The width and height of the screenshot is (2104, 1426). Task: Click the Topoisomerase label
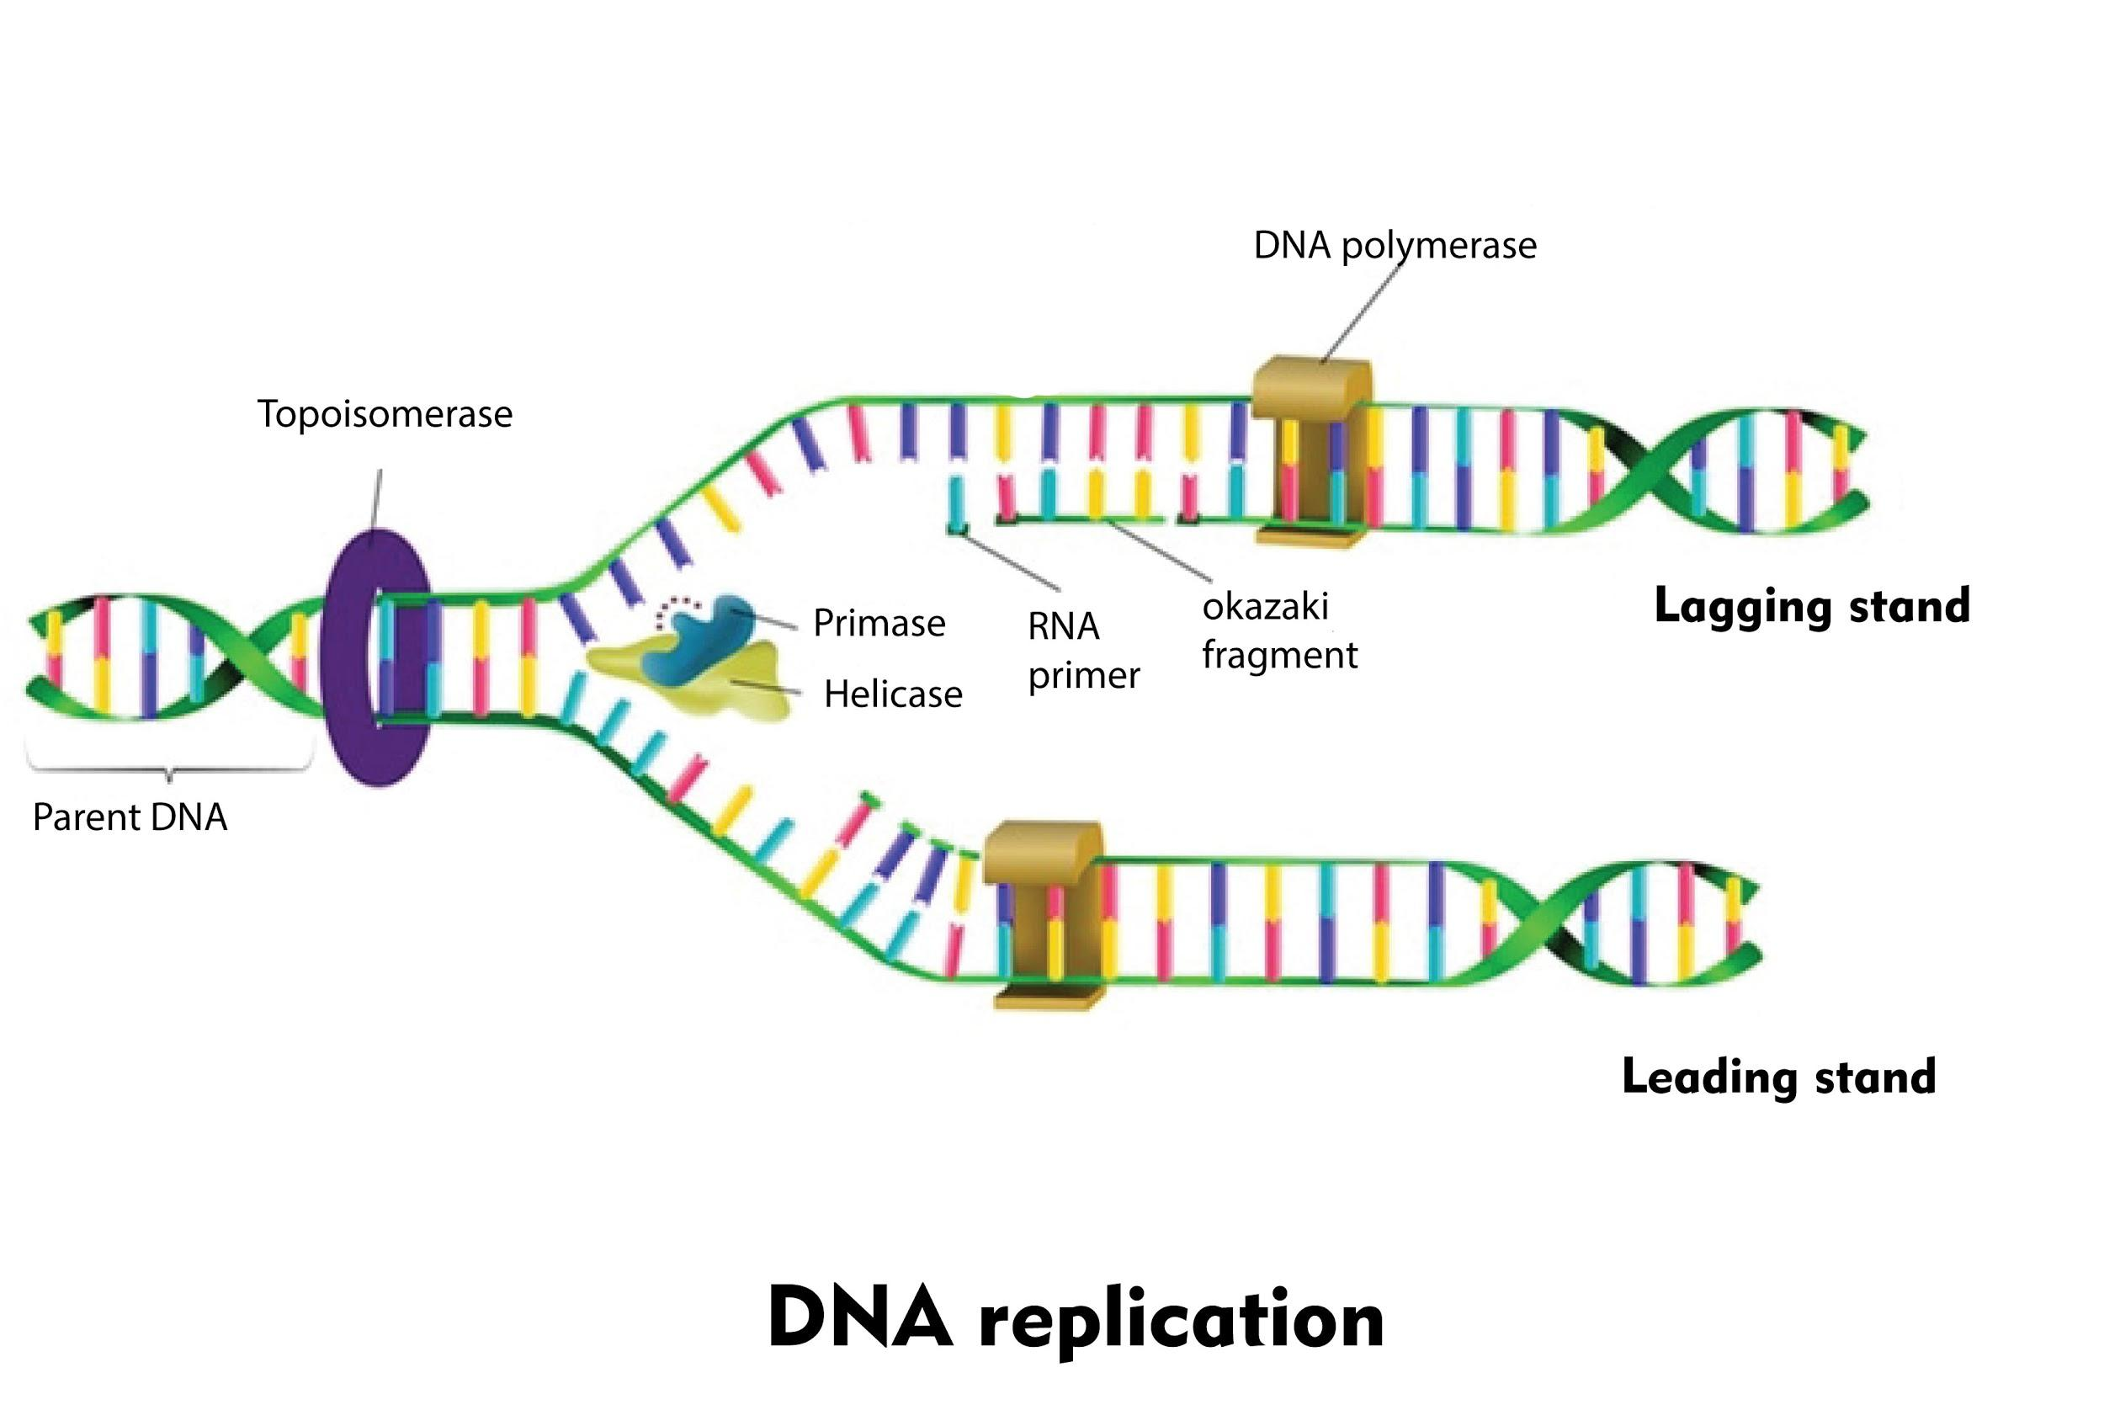click(x=385, y=415)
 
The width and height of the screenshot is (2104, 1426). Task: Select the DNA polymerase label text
click(x=1395, y=245)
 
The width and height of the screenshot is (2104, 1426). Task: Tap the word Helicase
click(x=893, y=694)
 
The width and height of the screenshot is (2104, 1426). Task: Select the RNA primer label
click(x=1083, y=651)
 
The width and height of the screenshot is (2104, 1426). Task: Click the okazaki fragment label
click(x=1278, y=631)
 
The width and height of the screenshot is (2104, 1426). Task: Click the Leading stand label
click(x=1778, y=1077)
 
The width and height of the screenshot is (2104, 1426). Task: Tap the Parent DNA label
click(x=130, y=817)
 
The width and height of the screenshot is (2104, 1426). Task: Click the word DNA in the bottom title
click(x=859, y=1318)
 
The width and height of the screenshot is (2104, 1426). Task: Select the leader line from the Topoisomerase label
click(x=378, y=498)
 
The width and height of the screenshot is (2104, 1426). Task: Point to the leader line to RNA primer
click(x=1009, y=562)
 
